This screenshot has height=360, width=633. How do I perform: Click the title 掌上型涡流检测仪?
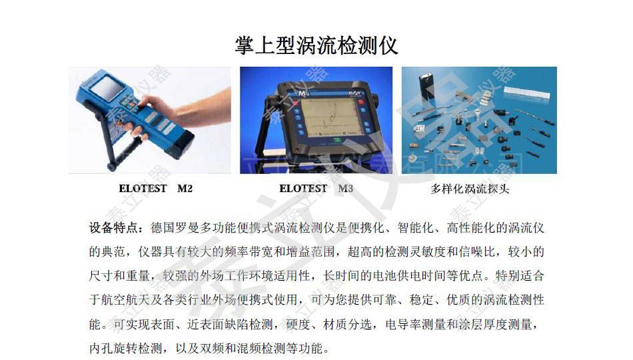point(316,45)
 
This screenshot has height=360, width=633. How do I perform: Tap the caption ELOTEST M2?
point(155,189)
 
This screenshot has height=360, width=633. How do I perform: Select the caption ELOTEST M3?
point(316,189)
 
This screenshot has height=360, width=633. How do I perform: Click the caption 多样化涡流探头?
point(470,189)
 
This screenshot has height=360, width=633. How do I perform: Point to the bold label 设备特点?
point(113,228)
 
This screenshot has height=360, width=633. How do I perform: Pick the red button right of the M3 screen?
point(360,102)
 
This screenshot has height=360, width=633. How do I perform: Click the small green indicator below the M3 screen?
point(336,140)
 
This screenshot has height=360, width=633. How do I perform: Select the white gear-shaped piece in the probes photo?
point(413,157)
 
